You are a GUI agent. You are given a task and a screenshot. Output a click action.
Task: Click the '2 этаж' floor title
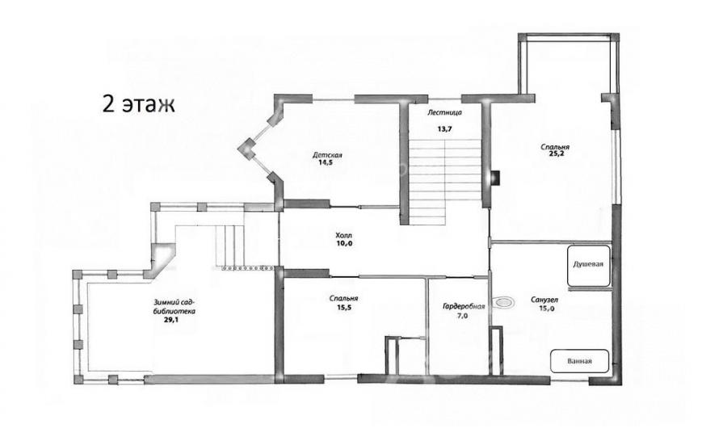(138, 104)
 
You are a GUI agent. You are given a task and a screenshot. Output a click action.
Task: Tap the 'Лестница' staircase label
(444, 112)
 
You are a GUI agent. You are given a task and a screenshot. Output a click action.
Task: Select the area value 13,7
(444, 129)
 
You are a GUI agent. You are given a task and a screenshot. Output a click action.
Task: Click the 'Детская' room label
(327, 155)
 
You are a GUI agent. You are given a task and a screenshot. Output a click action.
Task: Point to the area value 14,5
(326, 162)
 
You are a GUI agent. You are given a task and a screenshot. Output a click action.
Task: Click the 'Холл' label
(344, 236)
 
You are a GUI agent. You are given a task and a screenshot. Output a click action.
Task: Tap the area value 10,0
(344, 243)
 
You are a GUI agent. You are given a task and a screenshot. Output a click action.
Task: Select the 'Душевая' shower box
(588, 266)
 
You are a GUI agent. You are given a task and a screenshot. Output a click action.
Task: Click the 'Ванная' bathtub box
(579, 361)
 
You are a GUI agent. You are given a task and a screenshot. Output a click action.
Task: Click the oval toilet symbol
(504, 303)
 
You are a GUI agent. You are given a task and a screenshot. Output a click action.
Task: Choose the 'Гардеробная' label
(464, 306)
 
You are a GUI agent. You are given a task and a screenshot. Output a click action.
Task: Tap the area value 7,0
(462, 316)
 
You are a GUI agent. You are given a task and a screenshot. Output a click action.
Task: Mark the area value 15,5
(343, 307)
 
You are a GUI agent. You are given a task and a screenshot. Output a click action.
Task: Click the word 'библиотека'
(174, 311)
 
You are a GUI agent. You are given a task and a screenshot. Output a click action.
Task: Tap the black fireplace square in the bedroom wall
(496, 177)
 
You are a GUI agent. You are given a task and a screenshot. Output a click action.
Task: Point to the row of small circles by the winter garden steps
(246, 268)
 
